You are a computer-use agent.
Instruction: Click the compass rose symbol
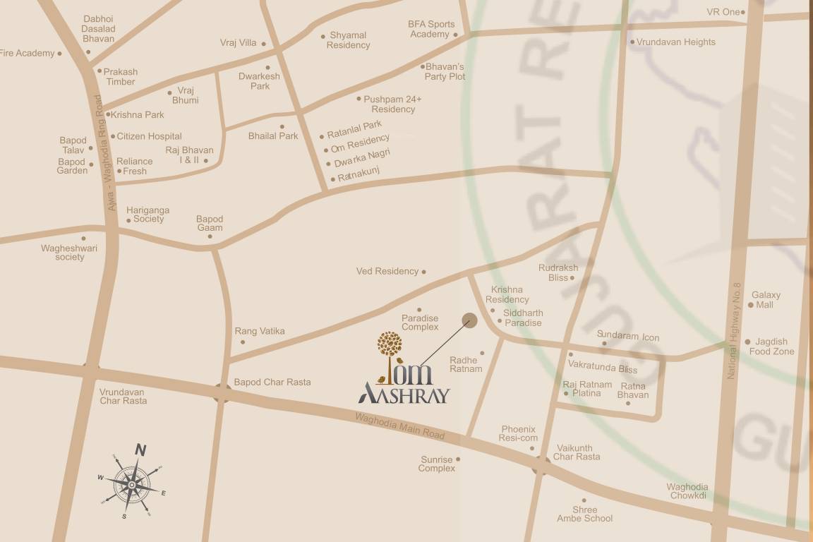[x=132, y=483]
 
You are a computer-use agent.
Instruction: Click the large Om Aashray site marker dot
[x=469, y=321]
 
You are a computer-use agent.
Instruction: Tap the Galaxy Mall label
[x=765, y=300]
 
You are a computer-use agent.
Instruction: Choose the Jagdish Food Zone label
[x=771, y=347]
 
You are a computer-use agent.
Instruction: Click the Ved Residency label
[x=387, y=271]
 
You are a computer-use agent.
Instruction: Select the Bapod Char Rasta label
[x=272, y=383]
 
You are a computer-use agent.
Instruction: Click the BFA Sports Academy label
[x=430, y=29]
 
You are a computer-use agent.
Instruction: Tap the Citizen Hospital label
[x=149, y=136]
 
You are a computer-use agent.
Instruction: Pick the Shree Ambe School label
[x=584, y=514]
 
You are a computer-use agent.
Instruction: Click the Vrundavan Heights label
[x=675, y=42]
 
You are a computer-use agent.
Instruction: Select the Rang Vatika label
[x=260, y=331]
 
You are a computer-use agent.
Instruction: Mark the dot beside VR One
[x=744, y=12]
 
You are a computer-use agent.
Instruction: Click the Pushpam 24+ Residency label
[x=392, y=104]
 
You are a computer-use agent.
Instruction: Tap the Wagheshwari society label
[x=69, y=253]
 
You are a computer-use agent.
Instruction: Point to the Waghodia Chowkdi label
[x=687, y=491]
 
